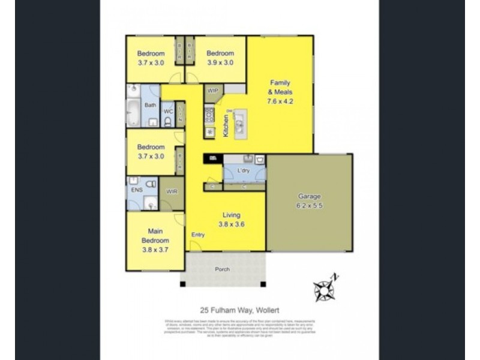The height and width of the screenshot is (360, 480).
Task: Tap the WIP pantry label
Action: [x=213, y=91]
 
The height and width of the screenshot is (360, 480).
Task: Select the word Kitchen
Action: [x=226, y=126]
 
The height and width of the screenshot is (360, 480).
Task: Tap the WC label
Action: [x=168, y=111]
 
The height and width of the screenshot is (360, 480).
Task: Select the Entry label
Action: [x=197, y=235]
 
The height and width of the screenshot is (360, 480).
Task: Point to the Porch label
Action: [x=223, y=269]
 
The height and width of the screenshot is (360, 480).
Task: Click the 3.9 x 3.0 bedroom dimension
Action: [x=221, y=62]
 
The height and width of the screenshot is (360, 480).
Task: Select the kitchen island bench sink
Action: [x=239, y=125]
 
